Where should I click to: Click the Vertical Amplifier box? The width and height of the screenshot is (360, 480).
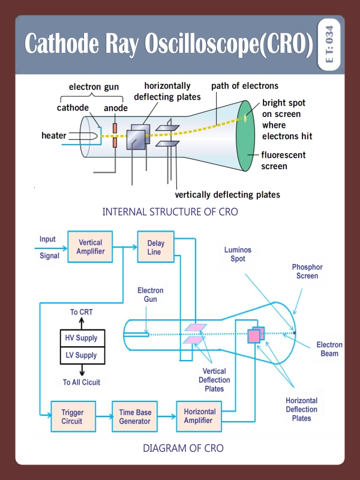click(90, 247)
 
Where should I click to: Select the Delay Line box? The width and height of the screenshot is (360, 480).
click(155, 247)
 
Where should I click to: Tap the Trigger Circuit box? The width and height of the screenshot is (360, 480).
click(73, 416)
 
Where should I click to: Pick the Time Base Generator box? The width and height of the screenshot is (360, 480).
click(134, 416)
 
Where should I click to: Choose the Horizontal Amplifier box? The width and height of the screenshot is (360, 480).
click(199, 416)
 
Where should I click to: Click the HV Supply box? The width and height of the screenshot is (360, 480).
click(82, 338)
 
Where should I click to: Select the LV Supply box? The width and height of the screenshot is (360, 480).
click(82, 355)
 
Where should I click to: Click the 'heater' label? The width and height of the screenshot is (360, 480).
click(54, 136)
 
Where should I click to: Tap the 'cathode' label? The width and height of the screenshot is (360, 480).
click(73, 108)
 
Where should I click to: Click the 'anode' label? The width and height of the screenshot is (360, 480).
click(115, 108)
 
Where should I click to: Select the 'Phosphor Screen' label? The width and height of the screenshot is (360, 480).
click(307, 271)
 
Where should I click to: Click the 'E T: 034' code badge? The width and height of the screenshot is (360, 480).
click(330, 46)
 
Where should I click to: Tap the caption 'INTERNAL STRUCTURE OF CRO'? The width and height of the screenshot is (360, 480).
click(170, 212)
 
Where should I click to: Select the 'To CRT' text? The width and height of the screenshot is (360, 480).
click(82, 312)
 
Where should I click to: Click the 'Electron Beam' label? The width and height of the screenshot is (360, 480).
click(329, 349)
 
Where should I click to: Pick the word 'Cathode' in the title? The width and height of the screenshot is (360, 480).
click(62, 46)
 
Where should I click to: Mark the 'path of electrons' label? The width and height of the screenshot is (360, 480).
click(245, 86)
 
